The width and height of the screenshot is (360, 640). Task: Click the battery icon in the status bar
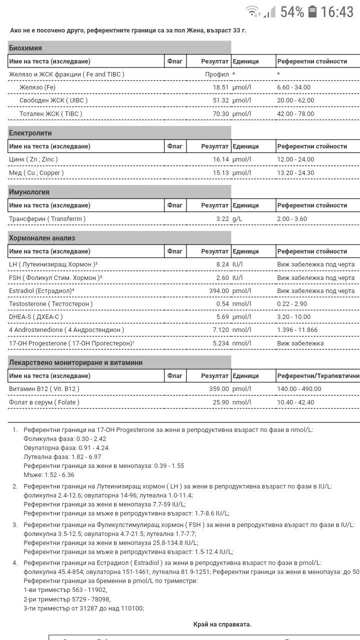(x=313, y=11)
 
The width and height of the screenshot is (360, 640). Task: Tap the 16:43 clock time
(x=337, y=11)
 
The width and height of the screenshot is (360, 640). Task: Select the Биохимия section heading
(x=25, y=48)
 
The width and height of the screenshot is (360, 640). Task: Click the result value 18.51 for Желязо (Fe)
(x=220, y=87)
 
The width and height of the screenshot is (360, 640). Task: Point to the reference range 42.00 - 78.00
(x=295, y=113)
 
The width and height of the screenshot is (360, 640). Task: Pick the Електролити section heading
(x=30, y=133)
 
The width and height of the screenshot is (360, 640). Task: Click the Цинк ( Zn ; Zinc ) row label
(x=33, y=159)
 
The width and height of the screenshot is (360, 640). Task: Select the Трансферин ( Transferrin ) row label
(x=47, y=218)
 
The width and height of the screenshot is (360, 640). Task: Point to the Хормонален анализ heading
(x=42, y=238)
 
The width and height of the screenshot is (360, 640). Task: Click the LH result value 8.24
(x=222, y=264)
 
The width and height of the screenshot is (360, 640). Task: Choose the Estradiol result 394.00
(x=219, y=290)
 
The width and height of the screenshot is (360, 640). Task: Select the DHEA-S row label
(x=36, y=316)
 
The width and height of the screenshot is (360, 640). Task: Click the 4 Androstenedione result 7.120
(x=220, y=330)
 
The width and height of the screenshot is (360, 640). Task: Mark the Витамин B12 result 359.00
(x=219, y=388)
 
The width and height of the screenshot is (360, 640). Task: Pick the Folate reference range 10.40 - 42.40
(x=295, y=402)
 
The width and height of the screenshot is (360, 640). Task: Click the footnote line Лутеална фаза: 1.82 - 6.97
(x=62, y=457)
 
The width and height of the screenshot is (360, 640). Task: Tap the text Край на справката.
(x=222, y=624)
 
